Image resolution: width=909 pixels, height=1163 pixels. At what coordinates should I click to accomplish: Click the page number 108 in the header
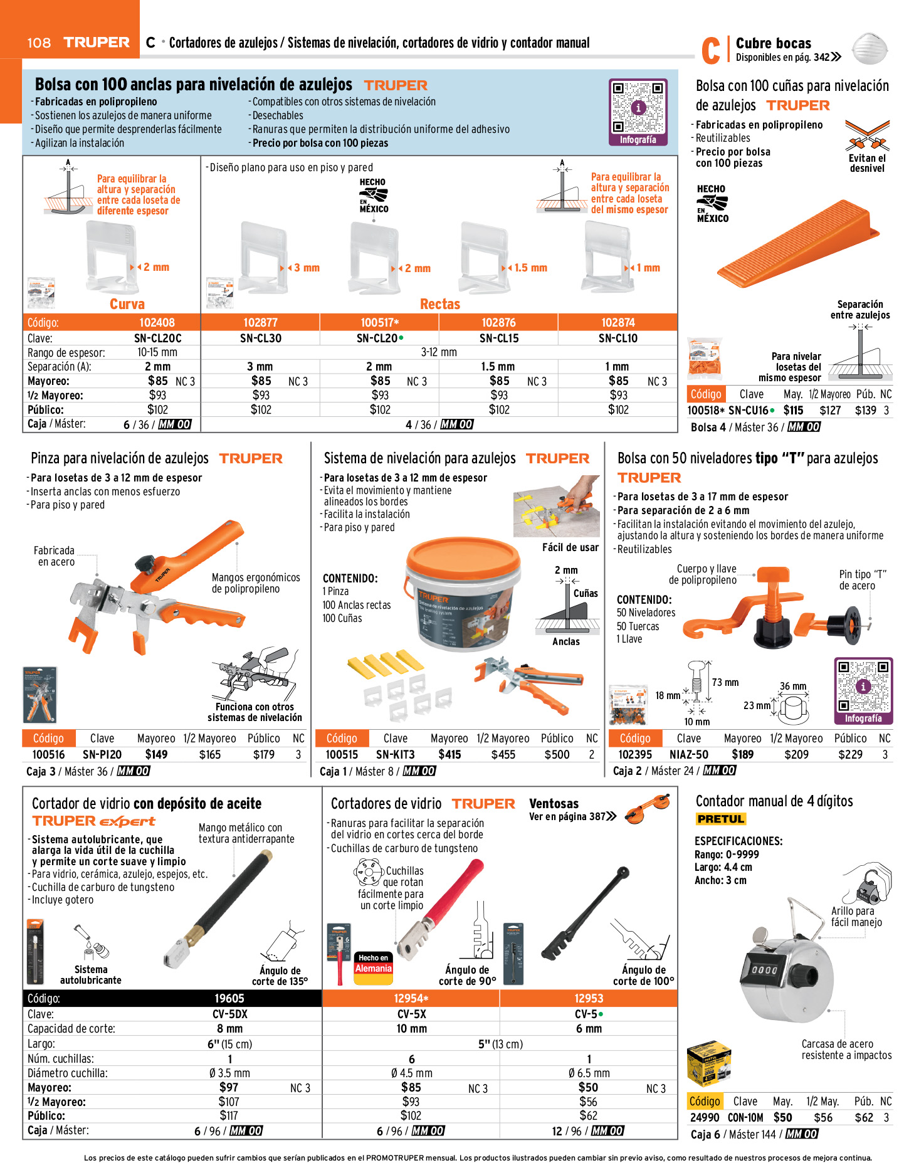39,43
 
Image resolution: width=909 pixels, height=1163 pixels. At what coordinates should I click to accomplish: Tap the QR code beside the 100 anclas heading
638,107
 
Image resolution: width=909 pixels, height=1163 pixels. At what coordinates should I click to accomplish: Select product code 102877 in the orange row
260,322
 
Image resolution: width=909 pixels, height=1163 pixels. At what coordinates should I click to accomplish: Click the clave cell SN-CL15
498,338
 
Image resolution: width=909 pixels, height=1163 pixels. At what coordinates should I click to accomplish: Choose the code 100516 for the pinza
48,754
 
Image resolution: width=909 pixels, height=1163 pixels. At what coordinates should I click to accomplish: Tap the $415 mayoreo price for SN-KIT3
449,754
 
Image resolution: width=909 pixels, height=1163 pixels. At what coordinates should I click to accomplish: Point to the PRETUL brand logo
720,819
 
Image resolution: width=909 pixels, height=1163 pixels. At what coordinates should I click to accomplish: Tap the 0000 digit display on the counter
764,970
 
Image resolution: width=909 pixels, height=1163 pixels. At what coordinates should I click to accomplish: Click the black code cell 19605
229,998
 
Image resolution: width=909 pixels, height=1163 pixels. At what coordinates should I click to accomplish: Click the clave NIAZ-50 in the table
688,754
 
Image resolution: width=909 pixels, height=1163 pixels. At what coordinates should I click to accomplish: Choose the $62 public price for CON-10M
863,1117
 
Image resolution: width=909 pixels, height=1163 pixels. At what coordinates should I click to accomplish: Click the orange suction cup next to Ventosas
650,804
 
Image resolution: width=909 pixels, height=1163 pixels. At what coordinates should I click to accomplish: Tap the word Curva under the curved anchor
127,304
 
